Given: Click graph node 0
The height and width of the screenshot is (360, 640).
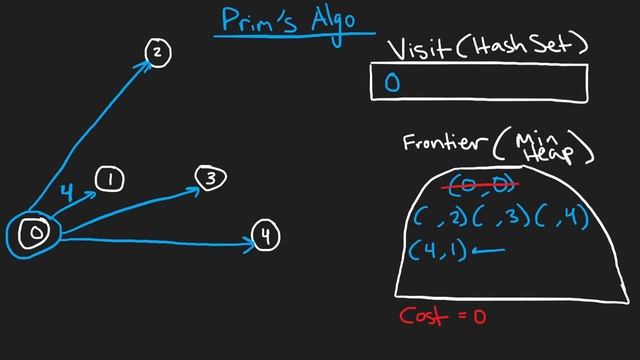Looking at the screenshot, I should coord(35,234).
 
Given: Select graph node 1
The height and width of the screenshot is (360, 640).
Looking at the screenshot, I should coord(110,180).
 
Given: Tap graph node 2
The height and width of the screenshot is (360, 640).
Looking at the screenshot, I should coord(158,53).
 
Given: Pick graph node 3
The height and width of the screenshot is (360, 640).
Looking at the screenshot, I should coord(211,179).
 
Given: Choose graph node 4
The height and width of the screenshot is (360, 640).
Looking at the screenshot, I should coord(265,237).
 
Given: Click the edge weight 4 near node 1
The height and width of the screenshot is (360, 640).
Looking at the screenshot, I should coord(66,190).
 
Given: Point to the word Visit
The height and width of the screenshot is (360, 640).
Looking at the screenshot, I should coord(416,47).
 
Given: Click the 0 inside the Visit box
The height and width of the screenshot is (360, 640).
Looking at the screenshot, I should coord(391,84).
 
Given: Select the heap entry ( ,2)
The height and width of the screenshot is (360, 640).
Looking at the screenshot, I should coord(441,217).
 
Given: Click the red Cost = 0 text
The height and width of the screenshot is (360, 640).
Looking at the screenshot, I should coord(441,316).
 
